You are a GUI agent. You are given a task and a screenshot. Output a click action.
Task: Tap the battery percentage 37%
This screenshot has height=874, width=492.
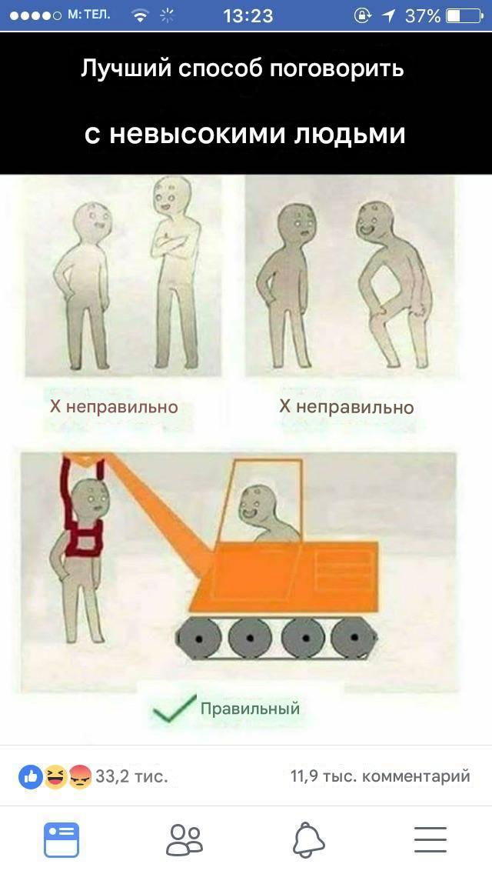click(422, 15)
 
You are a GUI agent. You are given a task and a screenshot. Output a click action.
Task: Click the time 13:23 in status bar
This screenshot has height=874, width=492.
click(248, 15)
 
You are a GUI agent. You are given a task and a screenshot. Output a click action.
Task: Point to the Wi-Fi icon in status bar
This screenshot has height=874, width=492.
click(140, 15)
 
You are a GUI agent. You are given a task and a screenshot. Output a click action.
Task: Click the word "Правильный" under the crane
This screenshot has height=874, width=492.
click(250, 709)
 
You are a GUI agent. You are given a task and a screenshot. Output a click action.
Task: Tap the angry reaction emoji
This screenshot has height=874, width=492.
click(80, 776)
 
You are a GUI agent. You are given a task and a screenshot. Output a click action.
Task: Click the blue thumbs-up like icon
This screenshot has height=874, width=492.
click(31, 776)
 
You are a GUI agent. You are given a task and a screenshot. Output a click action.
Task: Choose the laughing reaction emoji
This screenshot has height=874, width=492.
click(55, 776)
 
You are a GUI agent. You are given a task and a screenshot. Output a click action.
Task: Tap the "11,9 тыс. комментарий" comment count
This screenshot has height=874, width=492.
click(380, 776)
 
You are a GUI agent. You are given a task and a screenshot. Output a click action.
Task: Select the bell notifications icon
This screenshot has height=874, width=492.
click(308, 839)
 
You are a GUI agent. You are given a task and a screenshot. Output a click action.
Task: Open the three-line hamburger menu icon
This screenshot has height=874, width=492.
click(430, 839)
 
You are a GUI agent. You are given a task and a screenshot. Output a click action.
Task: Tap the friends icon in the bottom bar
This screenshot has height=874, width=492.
click(184, 839)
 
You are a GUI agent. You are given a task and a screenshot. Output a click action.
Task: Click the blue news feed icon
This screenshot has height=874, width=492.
click(61, 839)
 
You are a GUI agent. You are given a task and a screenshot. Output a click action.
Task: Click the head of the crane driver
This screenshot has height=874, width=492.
click(254, 504)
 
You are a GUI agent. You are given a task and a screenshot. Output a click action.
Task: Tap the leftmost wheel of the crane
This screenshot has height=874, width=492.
click(198, 638)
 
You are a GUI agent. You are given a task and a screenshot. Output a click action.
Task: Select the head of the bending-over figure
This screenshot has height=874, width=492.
click(375, 221)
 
